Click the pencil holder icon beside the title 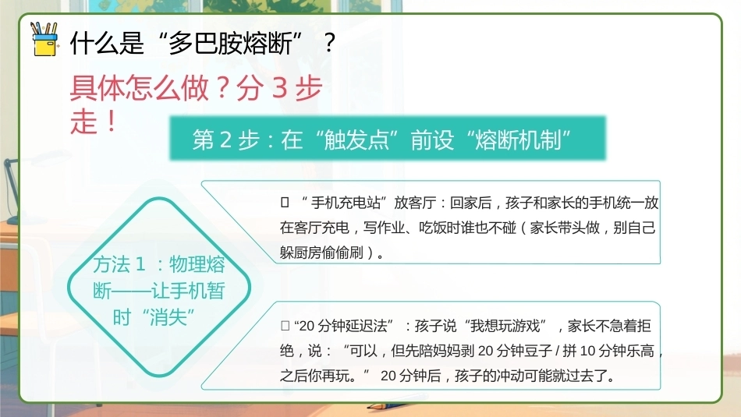[44, 39]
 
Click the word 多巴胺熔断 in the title [230, 44]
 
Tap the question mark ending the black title [329, 44]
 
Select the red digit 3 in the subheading [280, 88]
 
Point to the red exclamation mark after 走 [112, 121]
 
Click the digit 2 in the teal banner [225, 140]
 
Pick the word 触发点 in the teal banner [356, 140]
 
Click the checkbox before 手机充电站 [285, 203]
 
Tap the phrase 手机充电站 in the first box [346, 203]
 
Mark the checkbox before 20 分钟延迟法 [285, 325]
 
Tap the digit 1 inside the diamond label [140, 264]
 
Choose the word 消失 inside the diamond [168, 317]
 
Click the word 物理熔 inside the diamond [197, 264]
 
